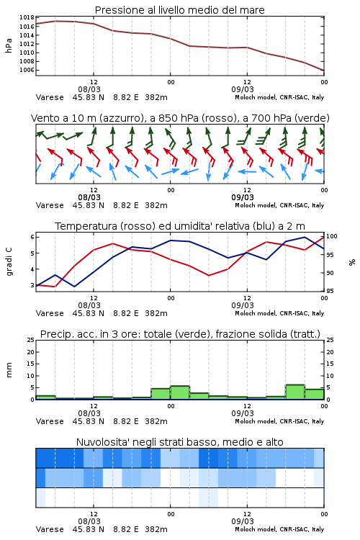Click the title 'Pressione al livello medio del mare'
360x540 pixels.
[179, 10]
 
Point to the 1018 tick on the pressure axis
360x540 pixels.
[27, 17]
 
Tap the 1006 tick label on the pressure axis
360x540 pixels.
[27, 70]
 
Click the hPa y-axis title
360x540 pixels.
[9, 45]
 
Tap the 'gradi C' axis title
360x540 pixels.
[9, 261]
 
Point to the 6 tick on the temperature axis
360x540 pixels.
[32, 237]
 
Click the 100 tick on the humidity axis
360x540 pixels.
[332, 236]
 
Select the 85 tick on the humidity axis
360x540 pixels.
[330, 291]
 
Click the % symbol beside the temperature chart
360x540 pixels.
[352, 262]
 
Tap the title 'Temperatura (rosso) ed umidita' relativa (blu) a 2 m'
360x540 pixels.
[180, 226]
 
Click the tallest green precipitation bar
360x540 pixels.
[295, 392]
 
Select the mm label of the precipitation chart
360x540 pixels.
[9, 369]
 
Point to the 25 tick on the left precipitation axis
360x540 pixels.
[31, 340]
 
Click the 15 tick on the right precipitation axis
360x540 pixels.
[330, 364]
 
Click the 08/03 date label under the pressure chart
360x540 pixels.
[89, 89]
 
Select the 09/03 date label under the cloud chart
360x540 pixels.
[243, 521]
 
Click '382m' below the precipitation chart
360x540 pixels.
[156, 421]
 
